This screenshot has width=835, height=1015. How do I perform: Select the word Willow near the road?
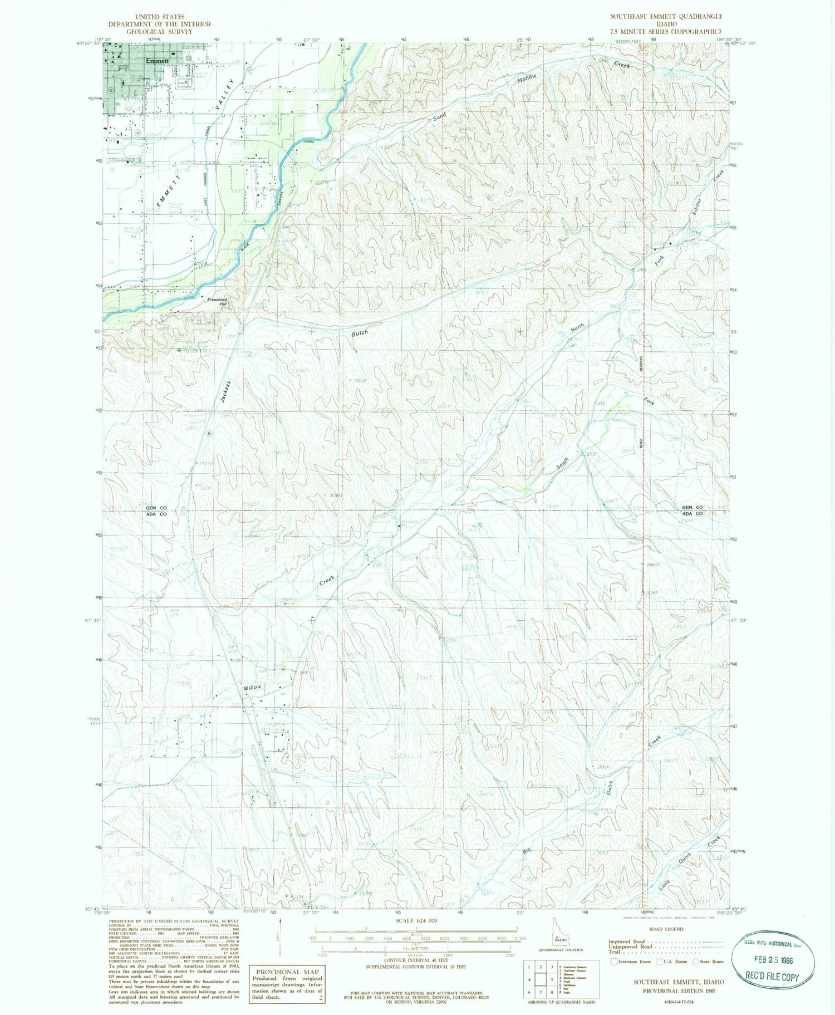pyautogui.click(x=252, y=688)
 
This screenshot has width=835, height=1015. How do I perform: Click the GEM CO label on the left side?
pyautogui.click(x=156, y=508)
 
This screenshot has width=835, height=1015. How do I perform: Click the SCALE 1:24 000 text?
pyautogui.click(x=417, y=920)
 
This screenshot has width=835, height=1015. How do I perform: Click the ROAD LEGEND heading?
pyautogui.click(x=666, y=929)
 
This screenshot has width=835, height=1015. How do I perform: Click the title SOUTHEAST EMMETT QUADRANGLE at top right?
pyautogui.click(x=666, y=17)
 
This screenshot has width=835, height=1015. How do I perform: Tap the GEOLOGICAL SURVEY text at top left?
pyautogui.click(x=159, y=31)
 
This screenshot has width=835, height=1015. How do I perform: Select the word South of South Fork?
pyautogui.click(x=563, y=463)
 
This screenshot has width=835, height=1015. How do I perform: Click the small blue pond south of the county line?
pyautogui.click(x=480, y=525)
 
